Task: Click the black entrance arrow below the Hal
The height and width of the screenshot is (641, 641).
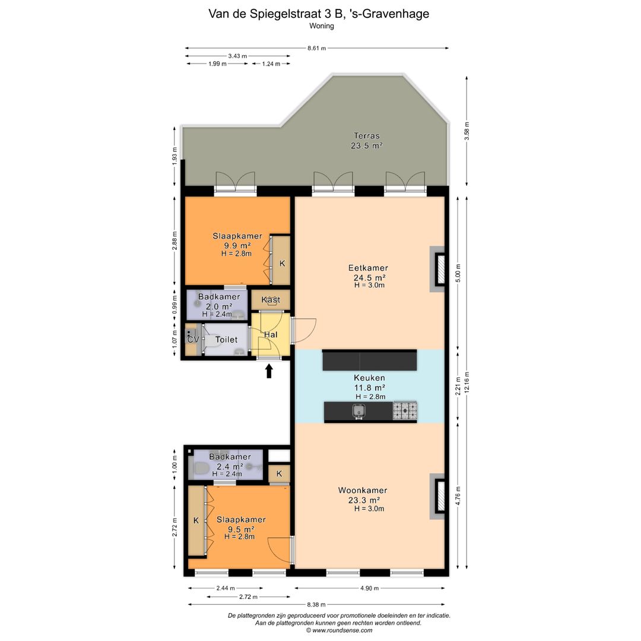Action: coord(269,371)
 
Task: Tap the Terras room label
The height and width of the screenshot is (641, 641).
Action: coord(367,136)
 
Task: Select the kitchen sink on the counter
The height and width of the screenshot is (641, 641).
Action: coord(359,411)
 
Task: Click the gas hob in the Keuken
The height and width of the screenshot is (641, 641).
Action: coord(405,411)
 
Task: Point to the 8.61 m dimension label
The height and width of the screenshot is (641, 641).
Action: coord(317,48)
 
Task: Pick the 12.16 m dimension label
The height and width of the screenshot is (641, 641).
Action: coord(467,382)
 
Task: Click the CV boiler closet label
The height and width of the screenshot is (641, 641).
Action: coord(193,339)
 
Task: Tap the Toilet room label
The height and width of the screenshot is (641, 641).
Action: coord(226,339)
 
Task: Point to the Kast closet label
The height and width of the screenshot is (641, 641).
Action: coord(271,300)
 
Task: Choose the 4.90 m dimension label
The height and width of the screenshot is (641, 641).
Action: coord(370,588)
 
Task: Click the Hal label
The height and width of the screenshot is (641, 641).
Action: coord(271,334)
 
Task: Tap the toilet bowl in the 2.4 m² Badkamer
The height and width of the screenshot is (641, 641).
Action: coord(201,468)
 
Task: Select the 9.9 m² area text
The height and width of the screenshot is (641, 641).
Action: coord(237,245)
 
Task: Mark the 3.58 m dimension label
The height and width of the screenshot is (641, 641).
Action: coord(467,131)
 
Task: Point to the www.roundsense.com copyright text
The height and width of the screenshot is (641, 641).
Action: coord(339,630)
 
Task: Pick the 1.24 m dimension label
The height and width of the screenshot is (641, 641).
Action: coord(271,64)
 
